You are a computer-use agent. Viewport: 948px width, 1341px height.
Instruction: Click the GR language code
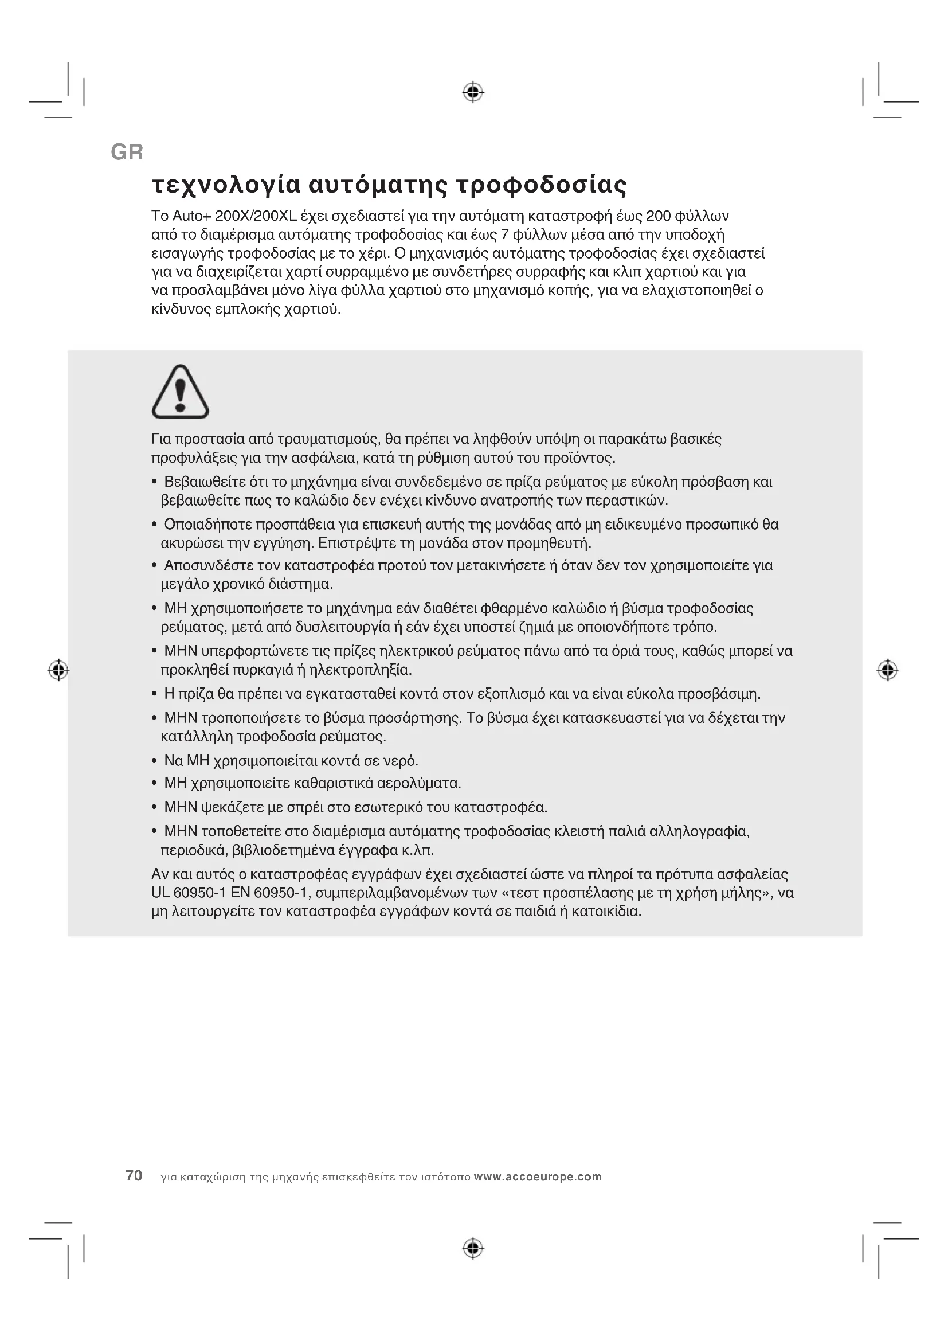coord(127,153)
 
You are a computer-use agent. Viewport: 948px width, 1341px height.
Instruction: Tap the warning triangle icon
coord(181,392)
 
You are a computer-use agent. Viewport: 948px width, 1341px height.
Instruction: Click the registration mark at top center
coord(473,92)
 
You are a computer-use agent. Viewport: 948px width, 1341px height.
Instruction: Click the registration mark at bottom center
coord(473,1248)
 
